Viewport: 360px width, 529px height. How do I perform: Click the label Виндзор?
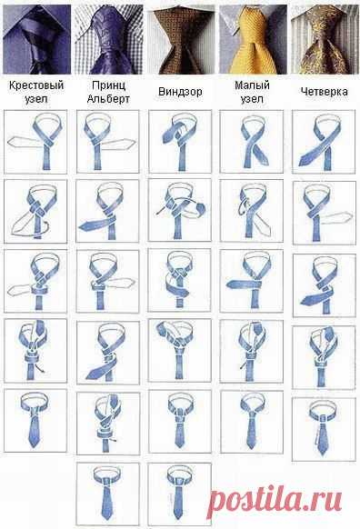(x=180, y=92)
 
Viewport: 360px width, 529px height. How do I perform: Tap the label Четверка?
(x=324, y=92)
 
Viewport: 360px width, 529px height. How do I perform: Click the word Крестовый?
(x=36, y=85)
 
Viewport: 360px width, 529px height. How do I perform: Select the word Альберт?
(x=108, y=99)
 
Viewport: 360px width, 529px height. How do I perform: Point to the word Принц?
(x=109, y=85)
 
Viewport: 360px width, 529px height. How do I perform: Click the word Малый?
(x=252, y=85)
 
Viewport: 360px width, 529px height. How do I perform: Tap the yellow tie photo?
(x=253, y=39)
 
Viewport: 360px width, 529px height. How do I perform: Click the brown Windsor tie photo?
(x=181, y=39)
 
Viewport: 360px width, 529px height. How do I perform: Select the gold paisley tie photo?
(x=325, y=39)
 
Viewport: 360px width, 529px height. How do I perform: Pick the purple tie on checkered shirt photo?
(x=109, y=39)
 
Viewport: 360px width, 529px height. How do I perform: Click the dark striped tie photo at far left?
(x=36, y=39)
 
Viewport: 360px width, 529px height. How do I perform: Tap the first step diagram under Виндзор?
(x=180, y=142)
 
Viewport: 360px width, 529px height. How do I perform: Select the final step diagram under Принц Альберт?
(x=108, y=494)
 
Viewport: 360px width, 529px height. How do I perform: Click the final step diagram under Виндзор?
(x=180, y=494)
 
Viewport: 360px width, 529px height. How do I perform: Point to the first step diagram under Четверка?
(x=324, y=142)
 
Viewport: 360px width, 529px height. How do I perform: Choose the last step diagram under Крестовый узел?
(x=35, y=420)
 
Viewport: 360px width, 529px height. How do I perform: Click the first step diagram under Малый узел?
(x=252, y=142)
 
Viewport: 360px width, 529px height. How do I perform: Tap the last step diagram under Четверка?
(x=324, y=429)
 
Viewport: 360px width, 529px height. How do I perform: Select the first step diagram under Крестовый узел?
(x=35, y=142)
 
